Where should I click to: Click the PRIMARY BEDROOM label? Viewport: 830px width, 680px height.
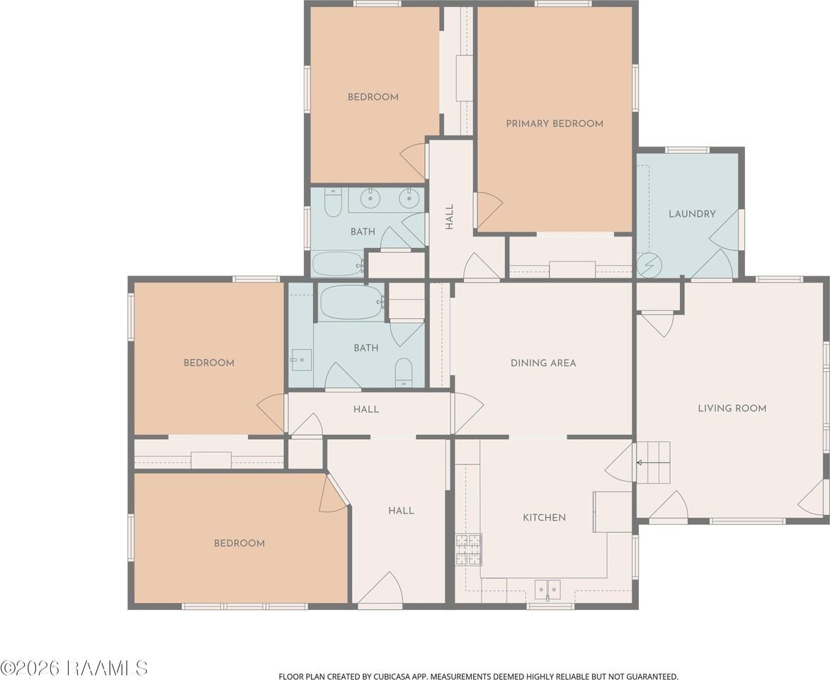555,123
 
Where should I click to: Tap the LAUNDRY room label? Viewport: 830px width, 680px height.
692,214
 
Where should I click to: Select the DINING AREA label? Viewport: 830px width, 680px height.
543,363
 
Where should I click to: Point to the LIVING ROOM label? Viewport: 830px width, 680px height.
732,408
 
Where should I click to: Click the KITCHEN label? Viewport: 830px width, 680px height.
544,517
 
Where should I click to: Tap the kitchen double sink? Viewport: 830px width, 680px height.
547,589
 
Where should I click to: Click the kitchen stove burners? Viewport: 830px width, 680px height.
468,549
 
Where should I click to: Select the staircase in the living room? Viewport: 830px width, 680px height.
653,463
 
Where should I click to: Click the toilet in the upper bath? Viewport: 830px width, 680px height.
333,203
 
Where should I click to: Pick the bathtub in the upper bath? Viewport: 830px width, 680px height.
338,263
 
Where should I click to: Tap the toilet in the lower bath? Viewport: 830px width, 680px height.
404,372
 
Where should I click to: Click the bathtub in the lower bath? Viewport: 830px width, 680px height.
351,302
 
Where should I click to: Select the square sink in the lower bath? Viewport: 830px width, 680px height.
301,360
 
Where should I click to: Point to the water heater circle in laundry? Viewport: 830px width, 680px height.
649,264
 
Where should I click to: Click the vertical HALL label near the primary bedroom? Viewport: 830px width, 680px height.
450,217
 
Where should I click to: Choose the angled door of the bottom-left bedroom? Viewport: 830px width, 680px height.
333,493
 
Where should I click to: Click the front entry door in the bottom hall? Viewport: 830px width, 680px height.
380,588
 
